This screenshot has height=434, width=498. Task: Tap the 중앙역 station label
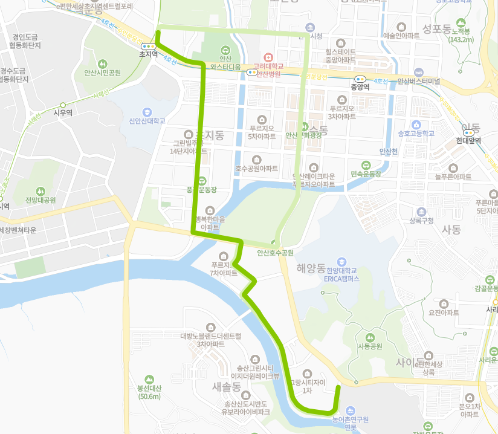point(360,86)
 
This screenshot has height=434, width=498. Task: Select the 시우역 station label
point(63,112)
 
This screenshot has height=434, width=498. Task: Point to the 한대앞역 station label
point(468,140)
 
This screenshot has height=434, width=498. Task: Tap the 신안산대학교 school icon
point(147,112)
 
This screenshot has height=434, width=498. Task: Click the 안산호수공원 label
point(275,253)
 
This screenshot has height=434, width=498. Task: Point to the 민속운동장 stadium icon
point(366,164)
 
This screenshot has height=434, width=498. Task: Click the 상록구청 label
point(421,221)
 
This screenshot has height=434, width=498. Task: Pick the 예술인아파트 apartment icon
point(401,27)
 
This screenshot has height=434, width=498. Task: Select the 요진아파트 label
point(444,313)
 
